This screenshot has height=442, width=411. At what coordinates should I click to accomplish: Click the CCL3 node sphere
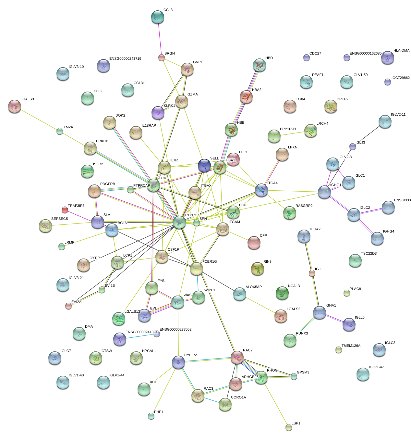(x=158, y=17)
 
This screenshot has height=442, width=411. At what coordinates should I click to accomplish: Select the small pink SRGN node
(x=161, y=58)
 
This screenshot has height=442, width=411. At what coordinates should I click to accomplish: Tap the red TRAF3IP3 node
(x=65, y=210)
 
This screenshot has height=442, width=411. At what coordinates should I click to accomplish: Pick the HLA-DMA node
(x=387, y=57)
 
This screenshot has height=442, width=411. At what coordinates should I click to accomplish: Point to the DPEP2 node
(x=331, y=106)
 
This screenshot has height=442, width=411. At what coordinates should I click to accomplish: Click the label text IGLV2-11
(x=398, y=115)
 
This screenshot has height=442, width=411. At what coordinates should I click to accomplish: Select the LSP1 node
(x=289, y=427)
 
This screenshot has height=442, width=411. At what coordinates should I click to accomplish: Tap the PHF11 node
(x=151, y=416)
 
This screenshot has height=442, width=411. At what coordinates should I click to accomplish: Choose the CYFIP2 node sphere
(x=178, y=362)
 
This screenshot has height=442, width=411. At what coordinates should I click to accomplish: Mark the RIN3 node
(x=257, y=268)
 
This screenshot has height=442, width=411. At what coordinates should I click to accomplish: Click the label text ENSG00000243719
(x=125, y=59)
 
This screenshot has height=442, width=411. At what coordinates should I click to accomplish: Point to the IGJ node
(x=312, y=273)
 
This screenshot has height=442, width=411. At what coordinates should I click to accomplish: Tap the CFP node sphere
(x=254, y=242)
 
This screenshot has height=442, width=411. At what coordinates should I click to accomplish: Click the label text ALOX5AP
(x=253, y=287)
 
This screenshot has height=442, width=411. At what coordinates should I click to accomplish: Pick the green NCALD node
(x=282, y=293)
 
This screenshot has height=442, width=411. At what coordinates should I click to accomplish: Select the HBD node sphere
(x=259, y=65)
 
